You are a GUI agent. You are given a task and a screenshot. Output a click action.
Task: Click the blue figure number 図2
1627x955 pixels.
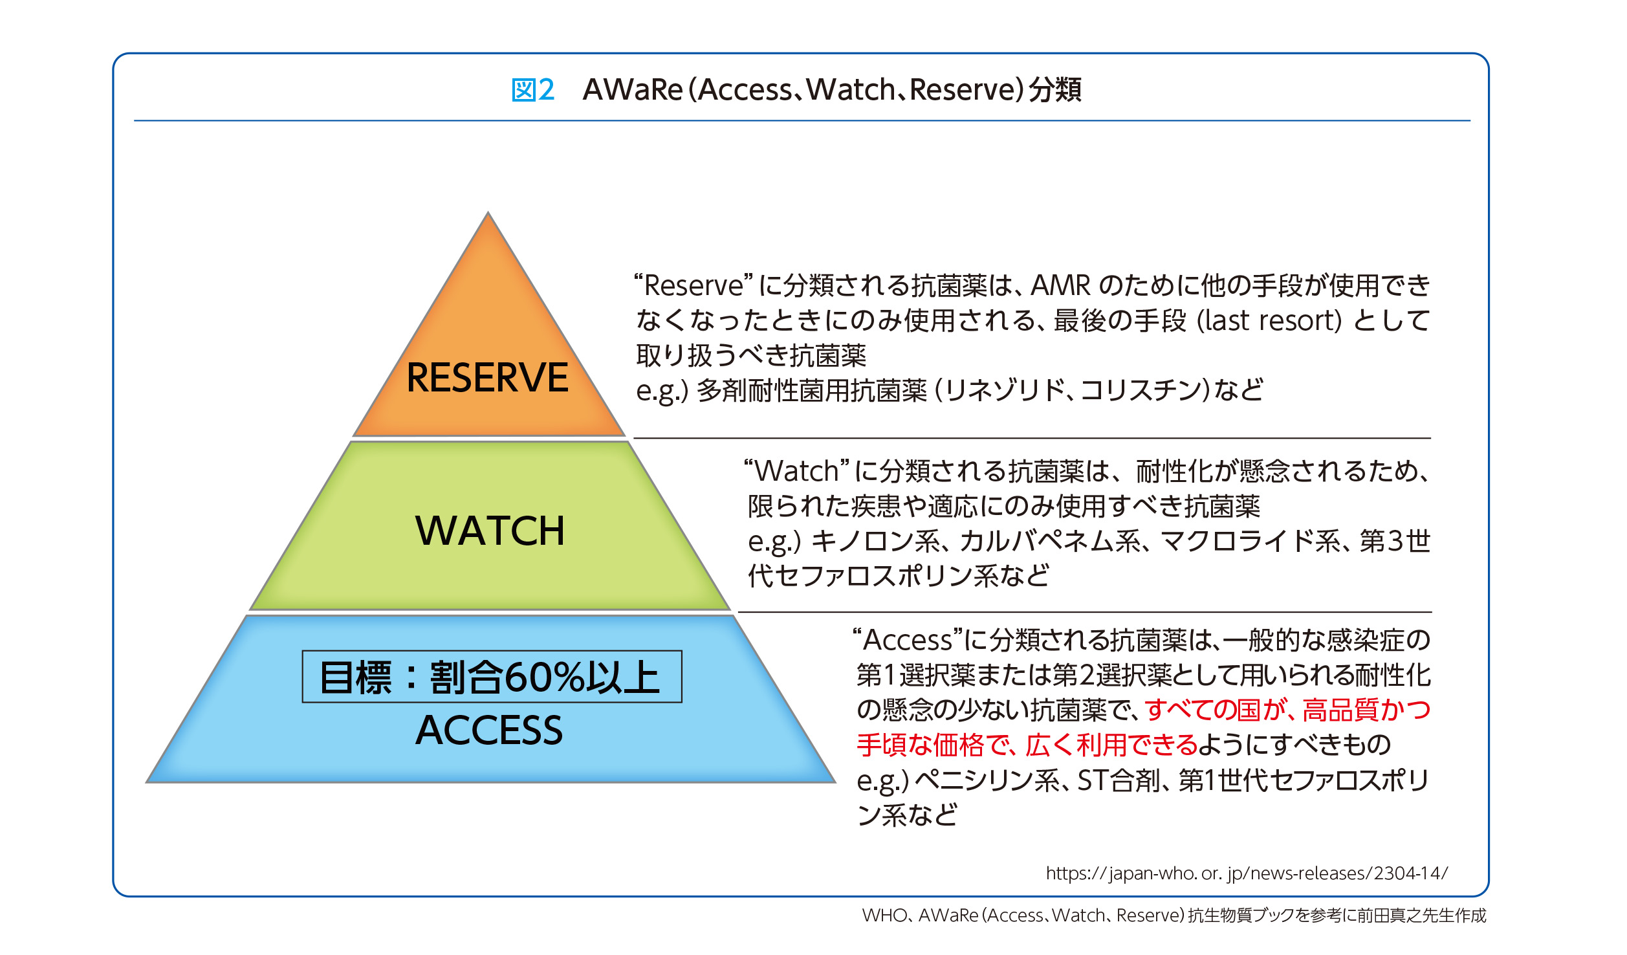[532, 90]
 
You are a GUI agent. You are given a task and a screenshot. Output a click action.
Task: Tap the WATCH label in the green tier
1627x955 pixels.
[490, 531]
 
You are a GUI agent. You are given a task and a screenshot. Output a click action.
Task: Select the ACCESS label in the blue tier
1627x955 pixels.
[489, 730]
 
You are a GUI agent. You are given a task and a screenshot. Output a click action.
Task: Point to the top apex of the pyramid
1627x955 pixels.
[488, 212]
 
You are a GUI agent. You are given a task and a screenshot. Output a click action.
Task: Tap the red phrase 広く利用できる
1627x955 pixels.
[1111, 745]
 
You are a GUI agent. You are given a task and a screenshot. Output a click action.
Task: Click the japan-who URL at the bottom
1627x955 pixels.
[1247, 873]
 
